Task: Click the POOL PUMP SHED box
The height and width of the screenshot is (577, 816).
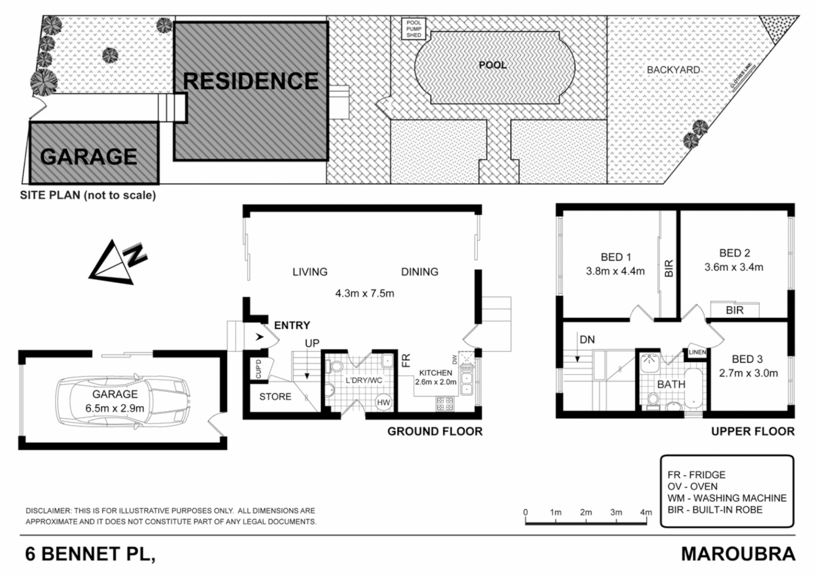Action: (413, 29)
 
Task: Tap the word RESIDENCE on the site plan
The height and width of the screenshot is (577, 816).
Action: (250, 81)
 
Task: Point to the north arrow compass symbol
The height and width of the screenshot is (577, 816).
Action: (117, 261)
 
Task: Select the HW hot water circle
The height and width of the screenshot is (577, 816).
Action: (383, 402)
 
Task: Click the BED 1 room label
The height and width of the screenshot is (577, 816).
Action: (616, 257)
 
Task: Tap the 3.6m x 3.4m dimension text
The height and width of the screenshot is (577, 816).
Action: (734, 267)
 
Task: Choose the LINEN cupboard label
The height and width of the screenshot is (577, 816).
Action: (697, 352)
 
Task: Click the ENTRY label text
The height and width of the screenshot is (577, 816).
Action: (292, 325)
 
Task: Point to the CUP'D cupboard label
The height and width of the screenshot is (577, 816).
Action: (258, 369)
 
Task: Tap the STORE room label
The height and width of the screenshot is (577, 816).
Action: (275, 396)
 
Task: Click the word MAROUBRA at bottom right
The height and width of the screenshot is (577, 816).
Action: (737, 554)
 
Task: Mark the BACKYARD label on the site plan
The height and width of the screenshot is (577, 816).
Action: (673, 70)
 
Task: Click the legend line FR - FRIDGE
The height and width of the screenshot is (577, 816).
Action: (696, 474)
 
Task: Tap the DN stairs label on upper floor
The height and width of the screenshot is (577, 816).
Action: (587, 340)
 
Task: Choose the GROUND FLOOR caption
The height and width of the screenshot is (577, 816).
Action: (435, 431)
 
